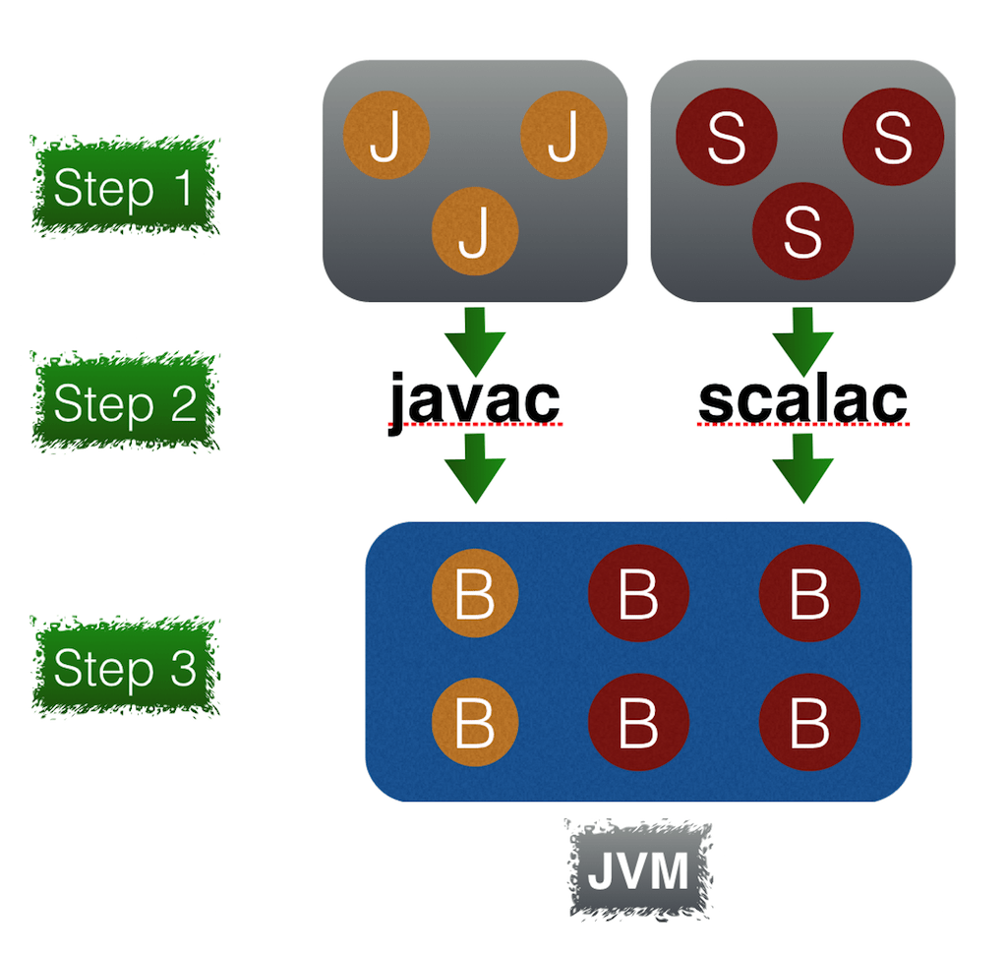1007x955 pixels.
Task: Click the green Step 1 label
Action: click(124, 187)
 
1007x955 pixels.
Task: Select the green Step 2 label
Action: click(124, 401)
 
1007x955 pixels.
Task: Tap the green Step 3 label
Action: click(124, 667)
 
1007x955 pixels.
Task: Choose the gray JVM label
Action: click(638, 870)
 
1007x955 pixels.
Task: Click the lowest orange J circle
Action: click(475, 232)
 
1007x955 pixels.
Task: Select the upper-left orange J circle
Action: click(386, 135)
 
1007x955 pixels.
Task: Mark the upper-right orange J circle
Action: click(563, 135)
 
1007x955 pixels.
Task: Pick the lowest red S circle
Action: click(802, 234)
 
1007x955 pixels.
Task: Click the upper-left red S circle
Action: click(727, 137)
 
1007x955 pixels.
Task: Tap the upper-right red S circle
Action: click(893, 136)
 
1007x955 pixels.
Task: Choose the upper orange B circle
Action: click(475, 593)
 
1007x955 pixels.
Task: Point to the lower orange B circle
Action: click(475, 722)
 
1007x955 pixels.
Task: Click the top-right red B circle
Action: click(810, 593)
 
